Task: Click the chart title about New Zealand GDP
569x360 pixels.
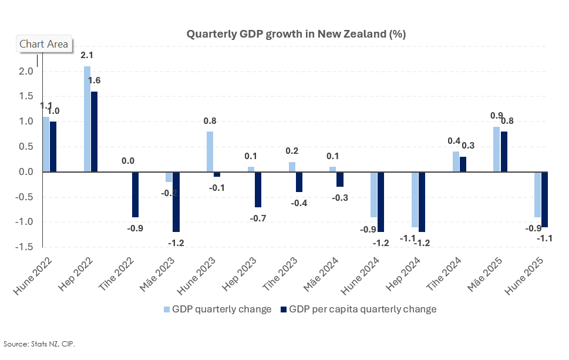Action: coord(296,34)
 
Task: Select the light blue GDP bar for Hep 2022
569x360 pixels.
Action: coord(87,119)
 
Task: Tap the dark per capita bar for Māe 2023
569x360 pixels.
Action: coord(176,202)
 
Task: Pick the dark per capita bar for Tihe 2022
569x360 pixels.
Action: coord(135,194)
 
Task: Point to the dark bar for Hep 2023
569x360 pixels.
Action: coord(258,190)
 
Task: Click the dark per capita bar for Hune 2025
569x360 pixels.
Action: coord(544,200)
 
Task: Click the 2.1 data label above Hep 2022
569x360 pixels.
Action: coord(87,55)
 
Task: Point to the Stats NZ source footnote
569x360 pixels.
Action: coord(39,344)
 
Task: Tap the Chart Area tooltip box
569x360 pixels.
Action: coord(43,44)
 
